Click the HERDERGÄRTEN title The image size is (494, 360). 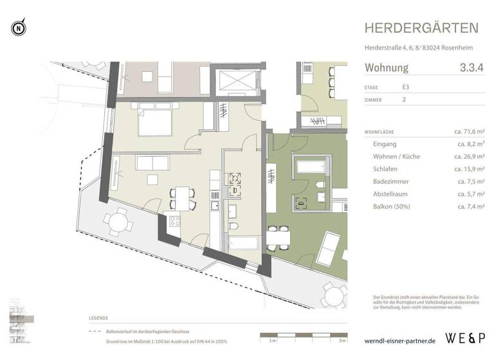pyautogui.click(x=421, y=28)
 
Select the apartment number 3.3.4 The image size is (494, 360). pyautogui.click(x=471, y=67)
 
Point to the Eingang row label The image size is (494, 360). pyautogui.click(x=385, y=145)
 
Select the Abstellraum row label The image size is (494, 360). pyautogui.click(x=392, y=194)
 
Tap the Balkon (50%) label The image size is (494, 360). pyautogui.click(x=391, y=206)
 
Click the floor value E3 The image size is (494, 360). pyautogui.click(x=406, y=87)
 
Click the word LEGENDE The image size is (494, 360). pyautogui.click(x=99, y=318)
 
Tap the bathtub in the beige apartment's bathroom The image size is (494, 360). pyautogui.click(x=242, y=245)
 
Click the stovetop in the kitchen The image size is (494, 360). pyautogui.click(x=174, y=222)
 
